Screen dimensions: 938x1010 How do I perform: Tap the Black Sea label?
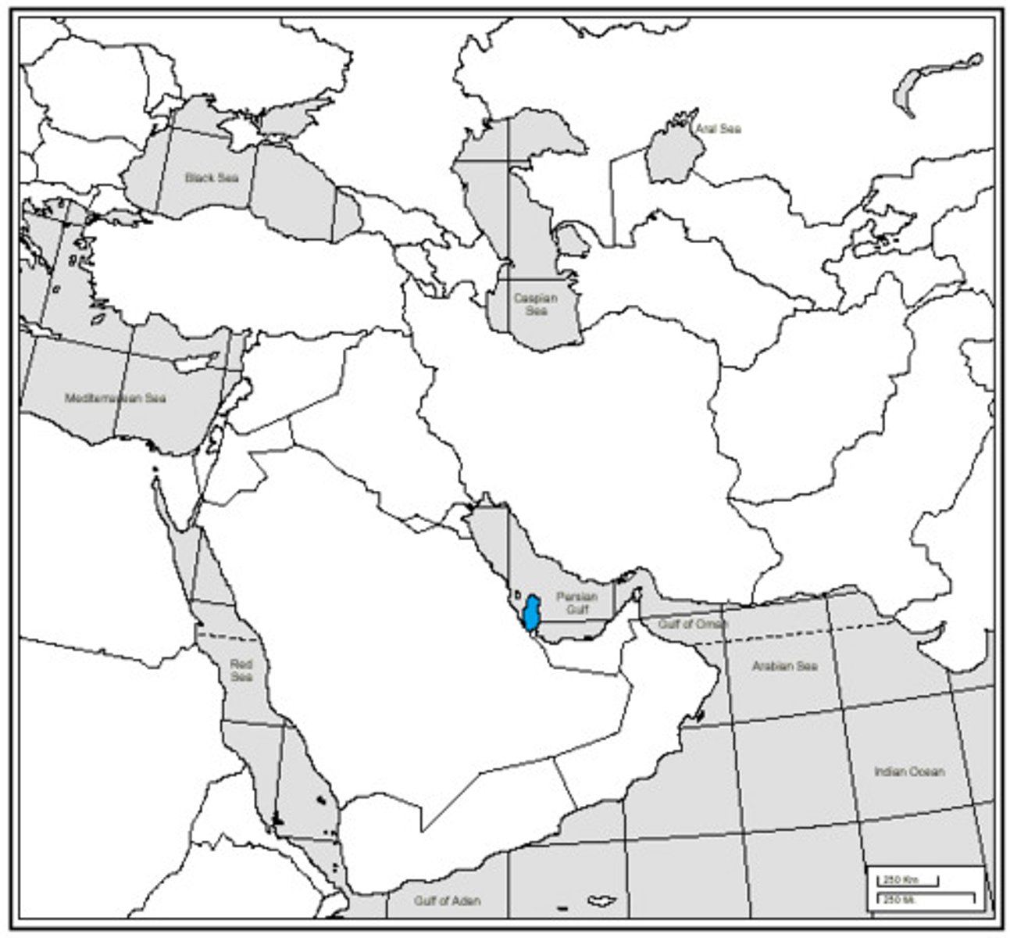[x=211, y=178]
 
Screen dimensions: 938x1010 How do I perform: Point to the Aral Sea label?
[x=719, y=129]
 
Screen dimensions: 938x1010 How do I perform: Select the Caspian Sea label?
[x=536, y=304]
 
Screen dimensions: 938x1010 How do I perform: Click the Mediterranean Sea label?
[x=115, y=398]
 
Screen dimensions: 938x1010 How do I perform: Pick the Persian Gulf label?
[x=576, y=602]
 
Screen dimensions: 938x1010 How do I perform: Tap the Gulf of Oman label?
[x=692, y=625]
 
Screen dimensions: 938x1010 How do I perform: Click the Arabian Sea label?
[x=784, y=666]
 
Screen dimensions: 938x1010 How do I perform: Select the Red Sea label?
[x=241, y=671]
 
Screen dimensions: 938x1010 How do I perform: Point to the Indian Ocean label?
[x=908, y=772]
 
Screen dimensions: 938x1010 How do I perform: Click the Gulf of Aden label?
[x=448, y=900]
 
